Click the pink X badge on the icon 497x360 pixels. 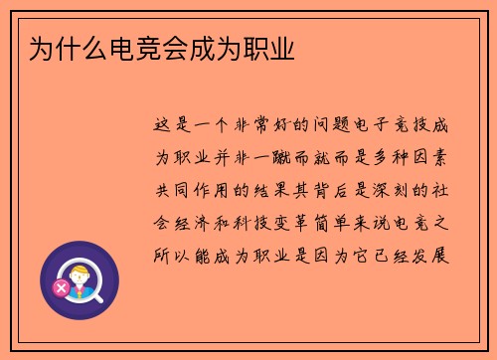(62, 288)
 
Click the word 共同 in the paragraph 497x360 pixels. (175, 189)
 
